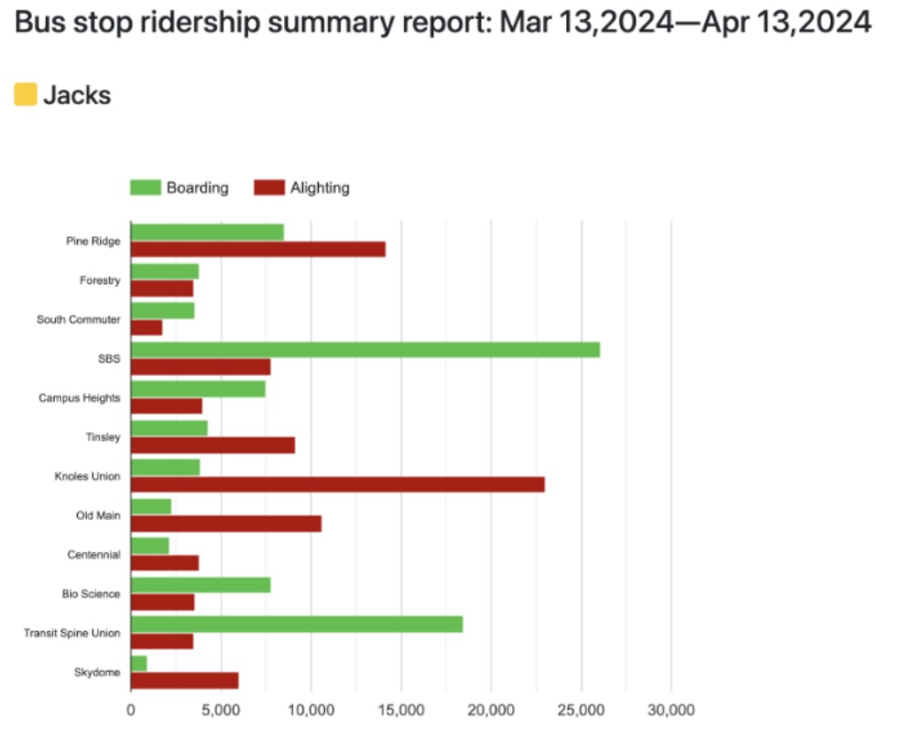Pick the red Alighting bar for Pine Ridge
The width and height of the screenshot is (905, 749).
point(257,249)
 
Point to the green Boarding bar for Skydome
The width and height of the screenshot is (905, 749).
point(139,663)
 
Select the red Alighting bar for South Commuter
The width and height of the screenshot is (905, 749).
point(147,328)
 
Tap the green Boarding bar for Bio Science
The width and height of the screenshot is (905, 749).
point(201,585)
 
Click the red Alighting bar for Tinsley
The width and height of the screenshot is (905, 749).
point(213,445)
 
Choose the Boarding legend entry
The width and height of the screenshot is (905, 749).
point(180,188)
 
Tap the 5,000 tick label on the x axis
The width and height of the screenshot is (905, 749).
point(221,710)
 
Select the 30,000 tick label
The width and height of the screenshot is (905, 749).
point(671,710)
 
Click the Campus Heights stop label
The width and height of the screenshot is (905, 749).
point(79,398)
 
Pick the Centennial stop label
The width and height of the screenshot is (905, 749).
point(93,555)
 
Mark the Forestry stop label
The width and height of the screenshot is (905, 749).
point(100,280)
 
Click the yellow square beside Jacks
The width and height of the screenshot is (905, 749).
point(26,94)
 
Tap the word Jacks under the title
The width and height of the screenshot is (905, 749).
point(77,94)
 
